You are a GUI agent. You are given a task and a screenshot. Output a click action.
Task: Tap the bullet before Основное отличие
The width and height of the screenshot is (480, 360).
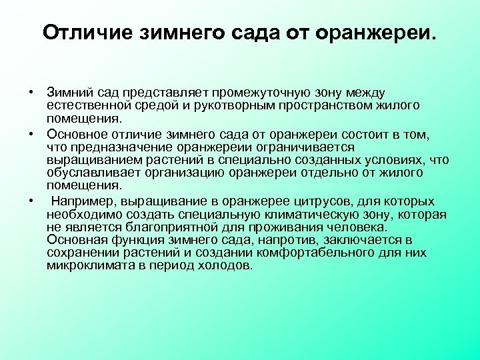click(x=31, y=134)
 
